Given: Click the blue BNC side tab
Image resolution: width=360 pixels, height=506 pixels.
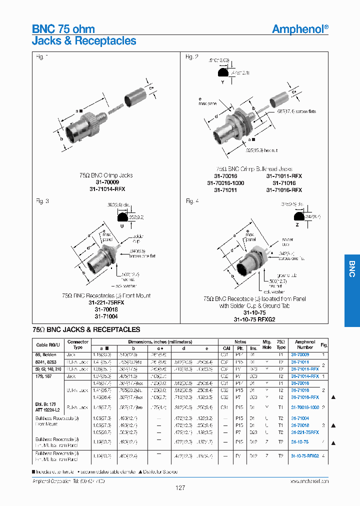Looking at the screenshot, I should (x=351, y=269).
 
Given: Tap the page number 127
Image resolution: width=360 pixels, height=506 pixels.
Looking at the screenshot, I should (x=180, y=487).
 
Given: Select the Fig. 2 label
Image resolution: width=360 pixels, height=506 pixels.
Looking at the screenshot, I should (x=192, y=57).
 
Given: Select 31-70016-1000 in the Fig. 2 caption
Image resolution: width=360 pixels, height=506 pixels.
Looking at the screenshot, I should (x=225, y=183).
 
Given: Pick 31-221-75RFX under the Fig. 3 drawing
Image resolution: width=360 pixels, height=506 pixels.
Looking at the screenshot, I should (x=105, y=303).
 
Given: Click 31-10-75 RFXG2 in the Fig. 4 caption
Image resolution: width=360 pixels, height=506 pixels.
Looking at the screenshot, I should (x=254, y=319).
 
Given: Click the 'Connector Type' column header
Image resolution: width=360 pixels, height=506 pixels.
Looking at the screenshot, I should (x=78, y=344).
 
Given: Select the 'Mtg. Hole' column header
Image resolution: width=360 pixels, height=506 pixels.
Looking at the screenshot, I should (x=267, y=344).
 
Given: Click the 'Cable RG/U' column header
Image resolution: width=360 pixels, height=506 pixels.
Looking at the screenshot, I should (x=48, y=345).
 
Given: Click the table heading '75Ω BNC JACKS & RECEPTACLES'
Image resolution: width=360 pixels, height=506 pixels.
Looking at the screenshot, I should (x=86, y=330).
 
